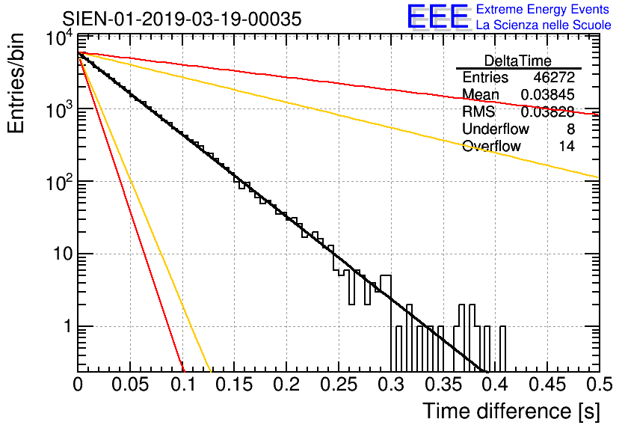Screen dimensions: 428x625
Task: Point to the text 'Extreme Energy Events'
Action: pyautogui.click(x=543, y=10)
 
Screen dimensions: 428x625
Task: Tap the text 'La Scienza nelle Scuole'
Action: pyautogui.click(x=544, y=25)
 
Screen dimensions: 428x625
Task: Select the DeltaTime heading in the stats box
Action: pyautogui.click(x=518, y=61)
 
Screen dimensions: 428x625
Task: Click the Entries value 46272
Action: pyautogui.click(x=554, y=78)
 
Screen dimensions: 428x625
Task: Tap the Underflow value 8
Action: pyautogui.click(x=570, y=129)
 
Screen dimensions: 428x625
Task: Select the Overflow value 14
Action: pyautogui.click(x=567, y=147)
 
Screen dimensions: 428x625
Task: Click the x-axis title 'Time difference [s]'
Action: pyautogui.click(x=510, y=411)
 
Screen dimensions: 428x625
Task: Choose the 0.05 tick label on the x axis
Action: pyautogui.click(x=130, y=385)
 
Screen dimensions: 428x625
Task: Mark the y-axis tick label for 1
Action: pyautogui.click(x=65, y=327)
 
